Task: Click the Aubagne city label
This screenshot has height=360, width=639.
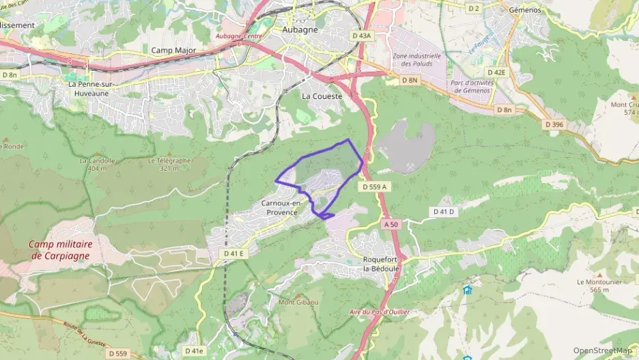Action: point(301,30)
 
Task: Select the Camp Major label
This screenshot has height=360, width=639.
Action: point(173,51)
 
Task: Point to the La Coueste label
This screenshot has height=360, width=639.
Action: point(322,96)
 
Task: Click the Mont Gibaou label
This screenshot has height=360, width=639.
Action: point(298,302)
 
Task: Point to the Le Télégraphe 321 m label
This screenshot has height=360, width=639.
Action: point(170,164)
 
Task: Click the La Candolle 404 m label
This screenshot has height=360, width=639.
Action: point(94,164)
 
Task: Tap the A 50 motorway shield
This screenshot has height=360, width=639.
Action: point(390,224)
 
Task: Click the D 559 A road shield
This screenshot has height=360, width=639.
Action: point(374,186)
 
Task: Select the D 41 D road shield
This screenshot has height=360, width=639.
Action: point(444,212)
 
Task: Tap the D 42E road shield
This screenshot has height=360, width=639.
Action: point(496,72)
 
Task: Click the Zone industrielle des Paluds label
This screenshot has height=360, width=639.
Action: point(416,60)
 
